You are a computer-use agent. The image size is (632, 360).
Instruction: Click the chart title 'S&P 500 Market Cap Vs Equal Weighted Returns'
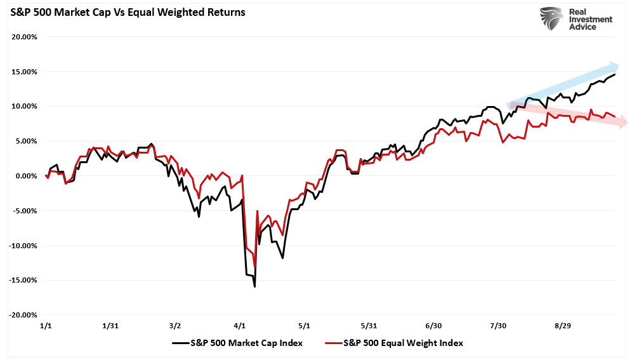pyautogui.click(x=128, y=12)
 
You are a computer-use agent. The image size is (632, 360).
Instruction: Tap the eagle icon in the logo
pyautogui.click(x=552, y=19)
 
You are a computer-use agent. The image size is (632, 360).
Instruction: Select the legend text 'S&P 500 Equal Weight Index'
pyautogui.click(x=403, y=343)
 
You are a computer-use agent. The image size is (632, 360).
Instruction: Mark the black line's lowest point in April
pyautogui.click(x=254, y=287)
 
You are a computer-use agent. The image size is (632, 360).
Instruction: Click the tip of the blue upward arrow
pyautogui.click(x=619, y=65)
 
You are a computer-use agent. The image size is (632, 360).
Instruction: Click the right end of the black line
pyautogui.click(x=614, y=75)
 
